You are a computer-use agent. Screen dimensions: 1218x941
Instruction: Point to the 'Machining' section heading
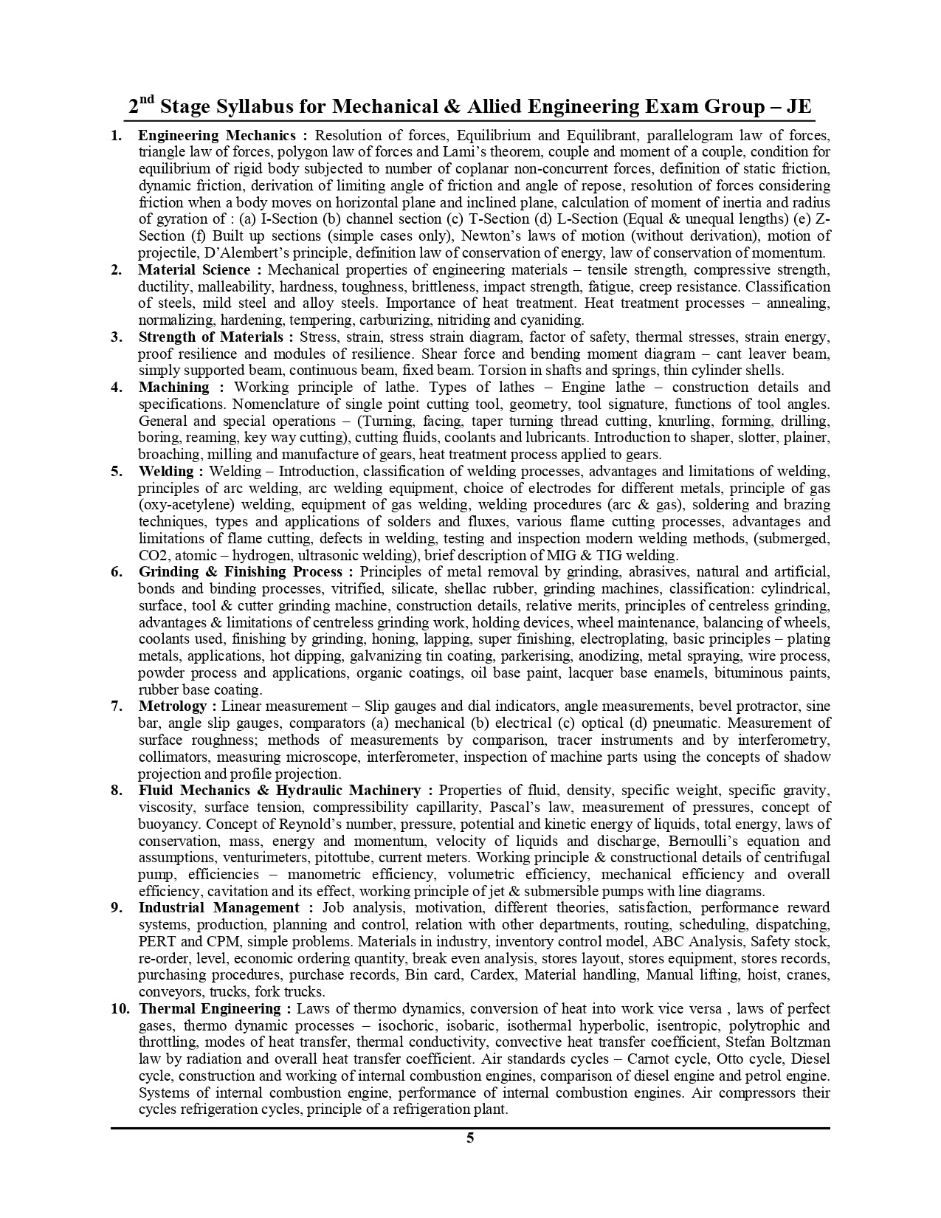[x=173, y=387]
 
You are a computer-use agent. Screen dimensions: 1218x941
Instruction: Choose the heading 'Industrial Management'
[x=219, y=907]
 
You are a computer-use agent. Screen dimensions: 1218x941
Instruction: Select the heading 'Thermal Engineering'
[x=210, y=1008]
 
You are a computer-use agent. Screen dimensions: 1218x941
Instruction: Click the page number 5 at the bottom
[x=470, y=1137]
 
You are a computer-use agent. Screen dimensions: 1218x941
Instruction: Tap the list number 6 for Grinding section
[x=117, y=571]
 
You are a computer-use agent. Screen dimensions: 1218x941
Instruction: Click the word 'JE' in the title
[x=798, y=107]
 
